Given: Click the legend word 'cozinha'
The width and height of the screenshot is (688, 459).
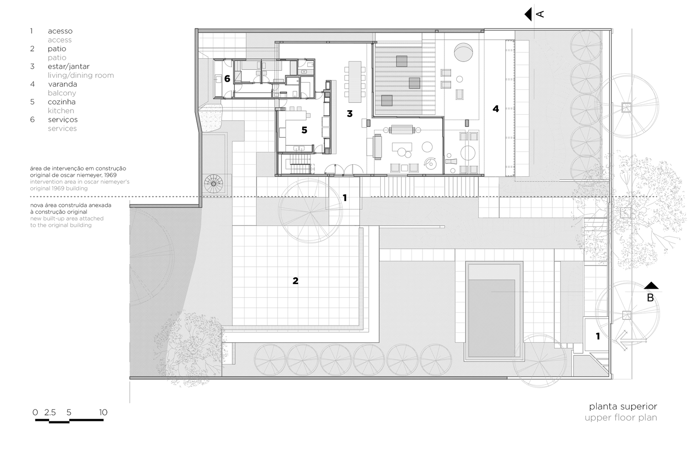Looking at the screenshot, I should coord(61,102).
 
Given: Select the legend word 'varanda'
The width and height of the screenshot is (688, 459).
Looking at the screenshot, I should coord(62,84).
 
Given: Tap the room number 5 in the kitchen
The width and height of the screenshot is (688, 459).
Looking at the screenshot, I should coord(304,130).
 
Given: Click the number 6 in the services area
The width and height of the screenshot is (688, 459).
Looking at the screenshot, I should coord(227,79).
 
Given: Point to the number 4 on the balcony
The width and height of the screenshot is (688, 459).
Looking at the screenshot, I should coord(495,109).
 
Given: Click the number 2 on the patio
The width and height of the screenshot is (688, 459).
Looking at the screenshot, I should coord(295,280).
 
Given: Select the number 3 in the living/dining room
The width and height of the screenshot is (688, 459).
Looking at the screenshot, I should coord(350,113).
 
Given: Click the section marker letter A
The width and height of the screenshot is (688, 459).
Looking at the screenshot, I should coord(540,14).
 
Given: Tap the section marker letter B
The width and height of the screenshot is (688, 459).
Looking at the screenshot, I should coord(650,297).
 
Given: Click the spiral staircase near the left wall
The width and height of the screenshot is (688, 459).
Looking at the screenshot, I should coord(213,184).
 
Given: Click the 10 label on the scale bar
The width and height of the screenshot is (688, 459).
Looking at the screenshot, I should coord(103,412).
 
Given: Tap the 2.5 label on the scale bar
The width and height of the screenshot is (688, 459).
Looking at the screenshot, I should coord(50,412).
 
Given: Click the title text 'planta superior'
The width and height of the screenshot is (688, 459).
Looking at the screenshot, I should coord(623,406).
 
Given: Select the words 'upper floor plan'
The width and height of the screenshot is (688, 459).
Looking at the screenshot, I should coord(621,418).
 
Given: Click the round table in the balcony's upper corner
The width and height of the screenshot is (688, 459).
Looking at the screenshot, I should coord(463,51).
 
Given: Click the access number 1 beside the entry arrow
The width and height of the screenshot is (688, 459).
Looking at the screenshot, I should coord(598,336).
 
